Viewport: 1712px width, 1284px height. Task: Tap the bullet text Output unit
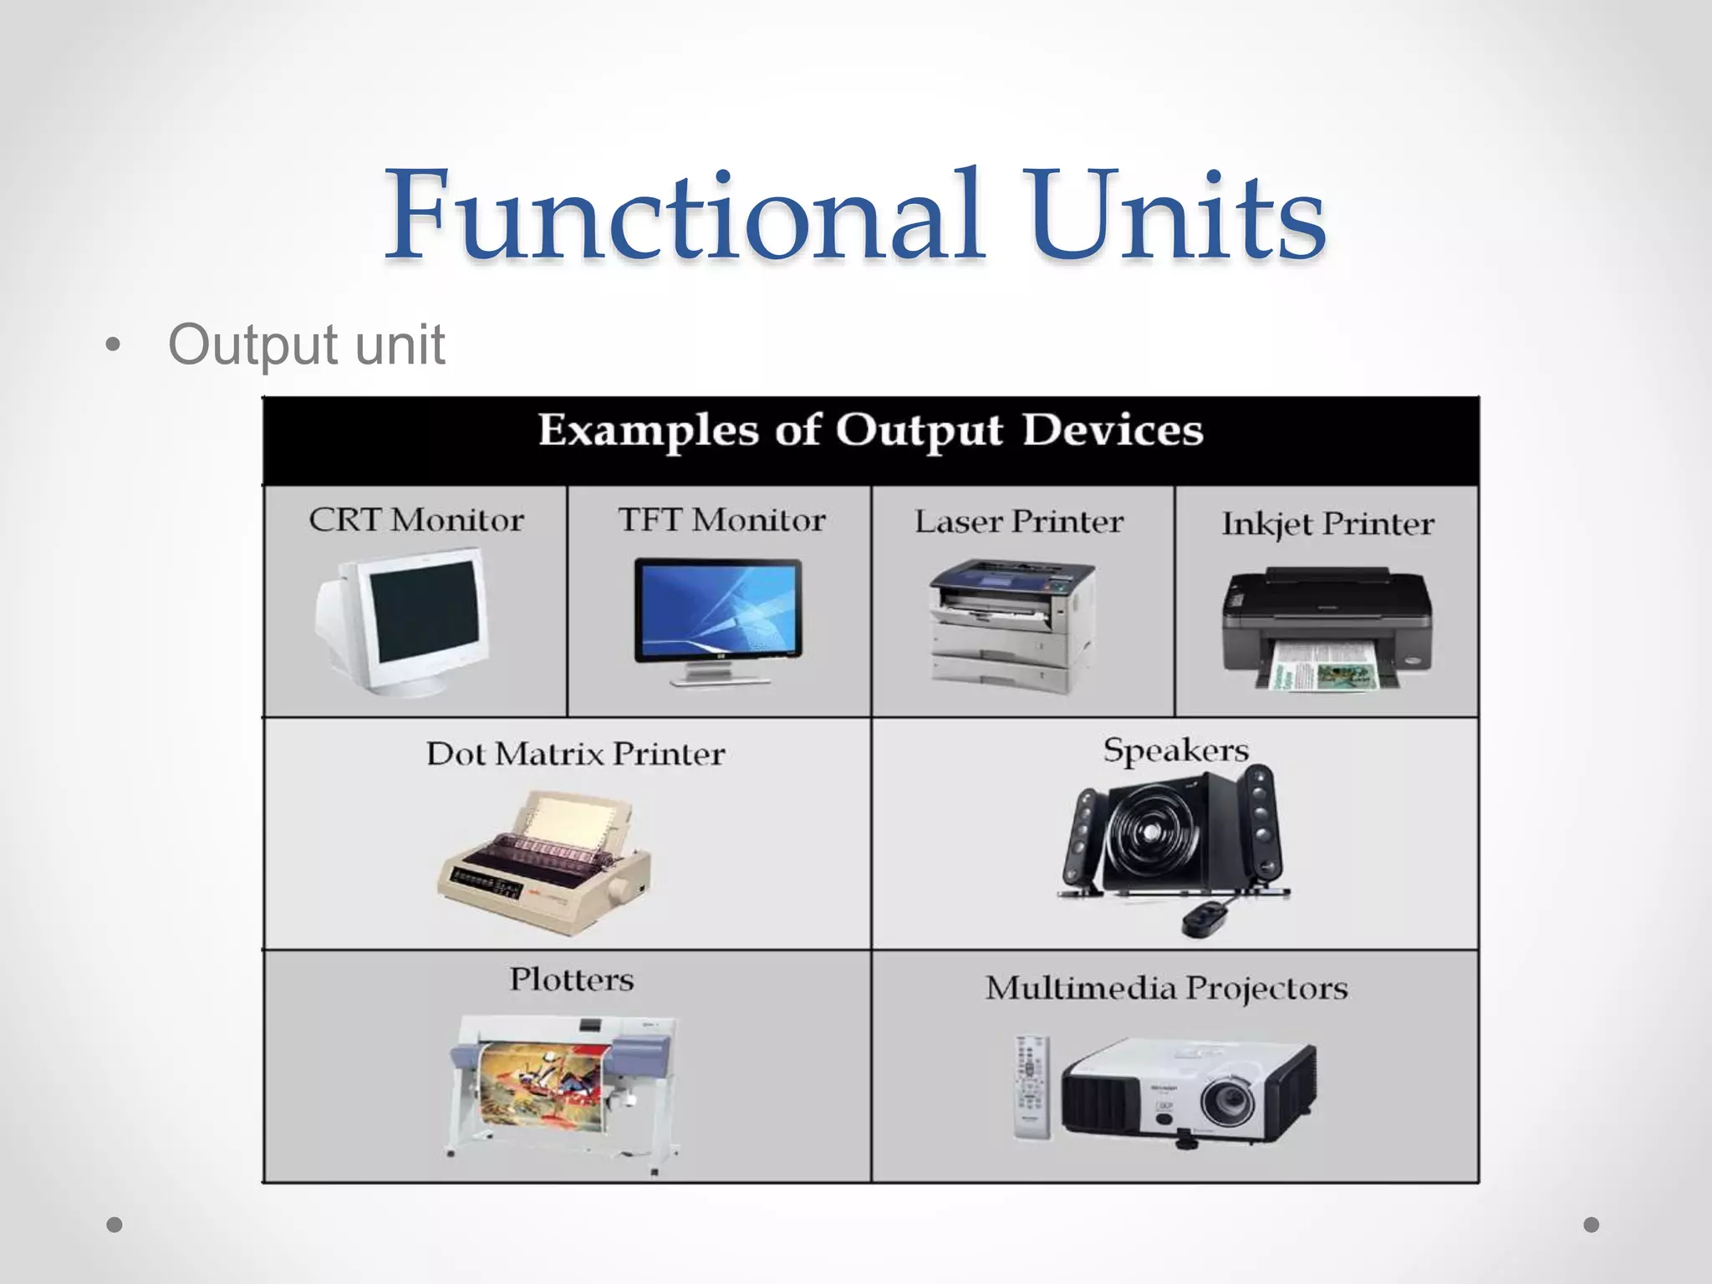coord(306,344)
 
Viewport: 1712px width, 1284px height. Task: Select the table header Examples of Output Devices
coord(870,431)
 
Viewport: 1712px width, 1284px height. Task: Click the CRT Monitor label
coord(416,520)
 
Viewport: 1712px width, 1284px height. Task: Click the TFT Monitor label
coord(721,520)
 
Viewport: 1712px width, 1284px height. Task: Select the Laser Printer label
coord(1019,522)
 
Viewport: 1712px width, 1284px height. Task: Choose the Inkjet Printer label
coord(1327,524)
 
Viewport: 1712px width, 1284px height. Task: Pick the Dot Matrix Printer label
coord(575,754)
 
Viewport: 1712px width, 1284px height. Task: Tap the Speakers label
coord(1175,750)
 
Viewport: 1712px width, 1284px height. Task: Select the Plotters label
coord(572,979)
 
